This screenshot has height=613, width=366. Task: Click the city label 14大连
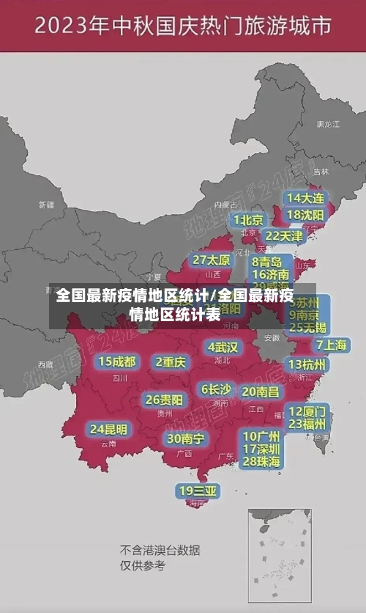[x=305, y=198]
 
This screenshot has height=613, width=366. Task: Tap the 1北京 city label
[x=248, y=219]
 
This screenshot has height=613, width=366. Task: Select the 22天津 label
[x=283, y=236]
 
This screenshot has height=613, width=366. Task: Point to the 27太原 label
[x=212, y=260]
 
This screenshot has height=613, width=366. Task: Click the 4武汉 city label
[x=223, y=347]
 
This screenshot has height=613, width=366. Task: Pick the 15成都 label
[x=117, y=361]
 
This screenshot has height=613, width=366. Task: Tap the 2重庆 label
[x=171, y=361]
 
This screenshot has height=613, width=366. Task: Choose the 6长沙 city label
[x=216, y=389]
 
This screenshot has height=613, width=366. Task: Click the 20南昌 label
[x=260, y=392]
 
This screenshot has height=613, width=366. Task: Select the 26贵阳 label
[x=164, y=400]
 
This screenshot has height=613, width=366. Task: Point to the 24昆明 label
[x=108, y=429]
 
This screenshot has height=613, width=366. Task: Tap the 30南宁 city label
[x=185, y=438]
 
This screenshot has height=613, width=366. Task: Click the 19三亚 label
[x=197, y=490]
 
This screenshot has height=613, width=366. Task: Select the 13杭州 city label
[x=307, y=364]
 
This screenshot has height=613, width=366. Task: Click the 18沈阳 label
[x=305, y=215]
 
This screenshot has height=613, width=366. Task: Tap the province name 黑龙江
[x=327, y=125]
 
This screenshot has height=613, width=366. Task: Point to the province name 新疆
[x=46, y=205]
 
